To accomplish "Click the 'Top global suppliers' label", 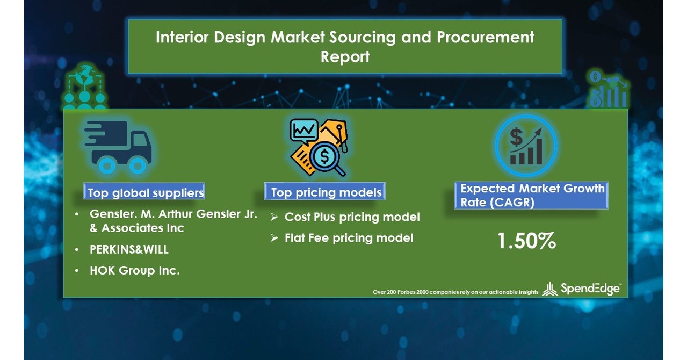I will click(146, 192).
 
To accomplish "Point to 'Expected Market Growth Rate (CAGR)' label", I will click(532, 196).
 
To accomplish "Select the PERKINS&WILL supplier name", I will click(129, 249).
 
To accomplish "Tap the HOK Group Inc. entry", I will click(134, 271).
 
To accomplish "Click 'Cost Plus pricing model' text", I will click(352, 217).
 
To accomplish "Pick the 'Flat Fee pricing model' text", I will click(349, 237).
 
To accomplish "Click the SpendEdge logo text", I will click(590, 289).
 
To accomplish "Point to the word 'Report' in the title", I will click(345, 56).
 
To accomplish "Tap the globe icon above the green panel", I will click(84, 77).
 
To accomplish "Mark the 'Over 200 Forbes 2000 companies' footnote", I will click(455, 292).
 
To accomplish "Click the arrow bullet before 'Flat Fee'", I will click(274, 237).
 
